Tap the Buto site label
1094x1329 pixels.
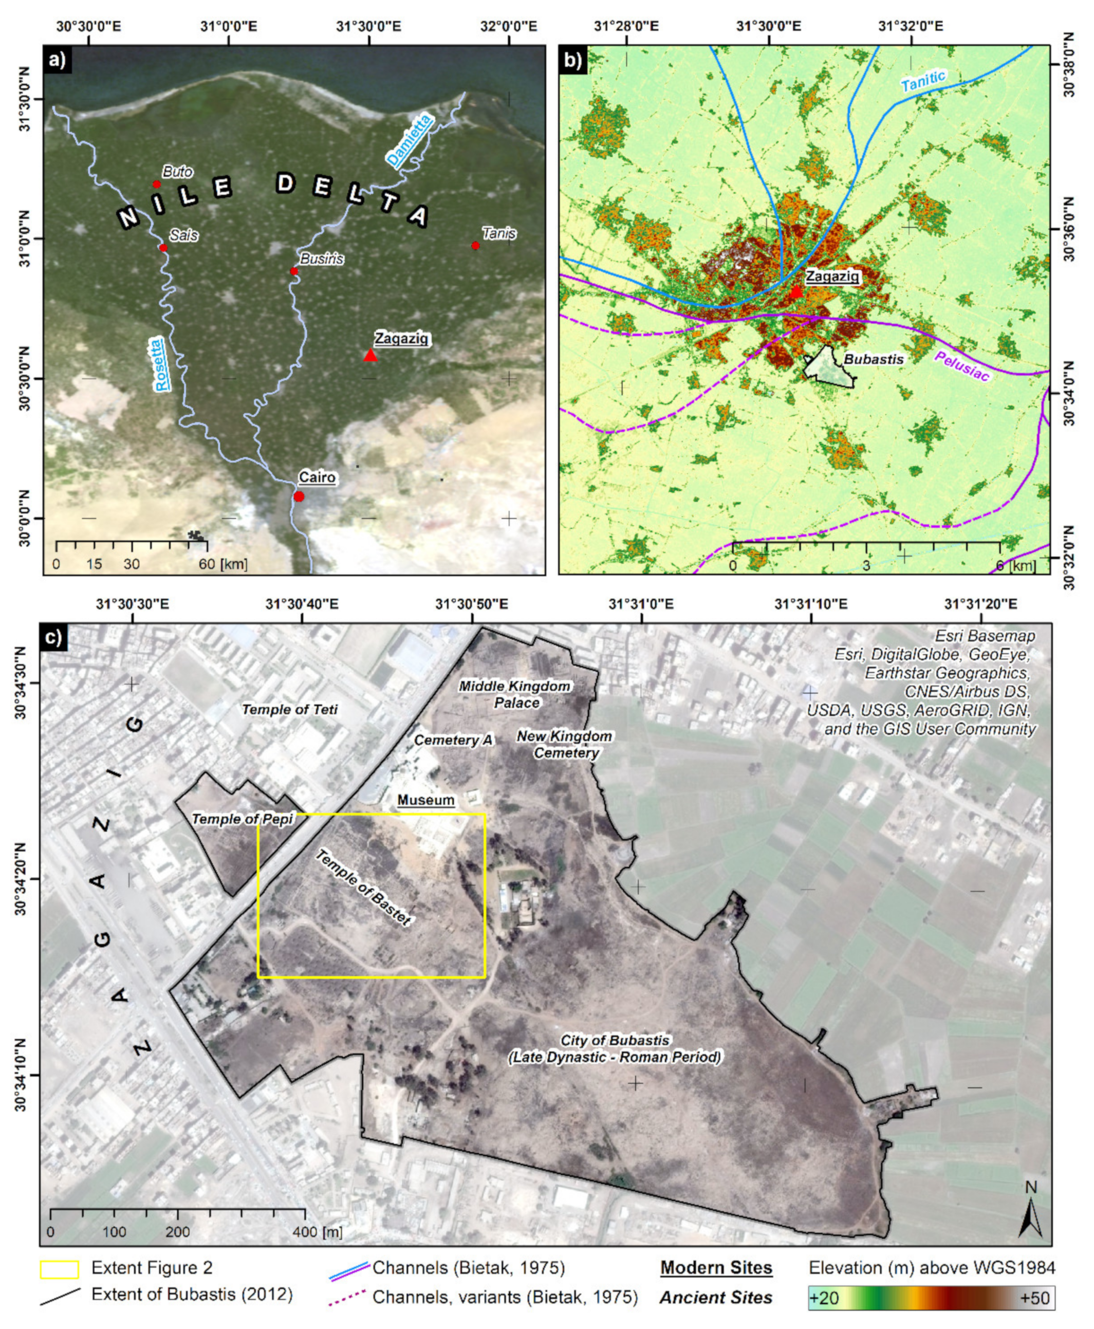[178, 172]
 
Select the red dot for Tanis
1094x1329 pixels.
[476, 246]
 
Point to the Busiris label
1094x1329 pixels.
[321, 259]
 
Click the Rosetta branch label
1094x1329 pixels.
[162, 365]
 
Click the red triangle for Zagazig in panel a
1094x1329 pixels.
[370, 356]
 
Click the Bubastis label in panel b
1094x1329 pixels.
[874, 359]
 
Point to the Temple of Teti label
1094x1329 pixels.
[290, 710]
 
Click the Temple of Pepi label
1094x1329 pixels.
[243, 819]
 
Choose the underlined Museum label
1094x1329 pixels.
[426, 800]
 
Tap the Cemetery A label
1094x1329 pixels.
[453, 741]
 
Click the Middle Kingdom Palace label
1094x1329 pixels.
[515, 694]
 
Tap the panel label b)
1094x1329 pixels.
[574, 60]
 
